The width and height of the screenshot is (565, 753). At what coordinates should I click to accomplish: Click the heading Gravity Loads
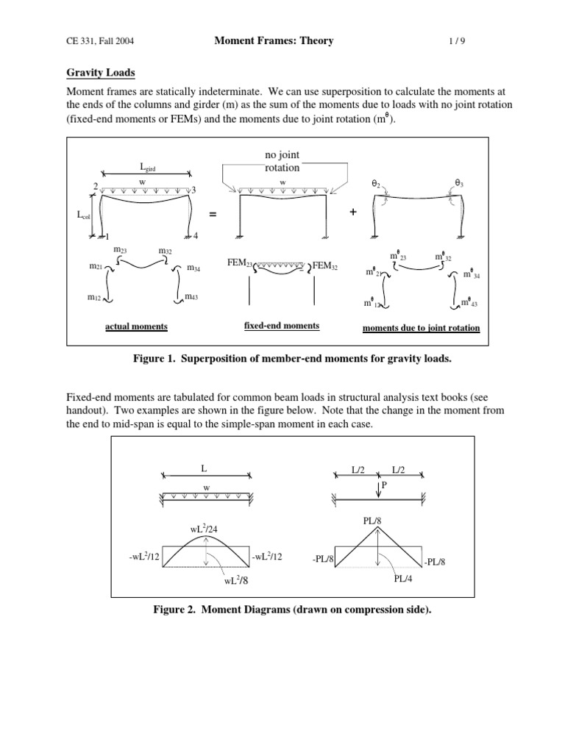[x=101, y=74]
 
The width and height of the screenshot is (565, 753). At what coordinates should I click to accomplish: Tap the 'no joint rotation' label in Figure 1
[x=282, y=162]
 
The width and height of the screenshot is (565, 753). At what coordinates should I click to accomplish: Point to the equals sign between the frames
[x=213, y=213]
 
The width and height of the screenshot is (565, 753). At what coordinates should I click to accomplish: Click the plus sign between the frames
[x=353, y=212]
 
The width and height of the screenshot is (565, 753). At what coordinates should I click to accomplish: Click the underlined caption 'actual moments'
[x=136, y=326]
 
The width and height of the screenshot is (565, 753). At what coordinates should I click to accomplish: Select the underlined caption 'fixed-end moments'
[x=282, y=326]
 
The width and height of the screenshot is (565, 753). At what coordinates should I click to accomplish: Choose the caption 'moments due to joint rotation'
[x=421, y=328]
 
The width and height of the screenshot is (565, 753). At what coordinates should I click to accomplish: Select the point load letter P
[x=383, y=485]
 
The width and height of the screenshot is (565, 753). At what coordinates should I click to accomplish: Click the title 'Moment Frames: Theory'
[x=274, y=41]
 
